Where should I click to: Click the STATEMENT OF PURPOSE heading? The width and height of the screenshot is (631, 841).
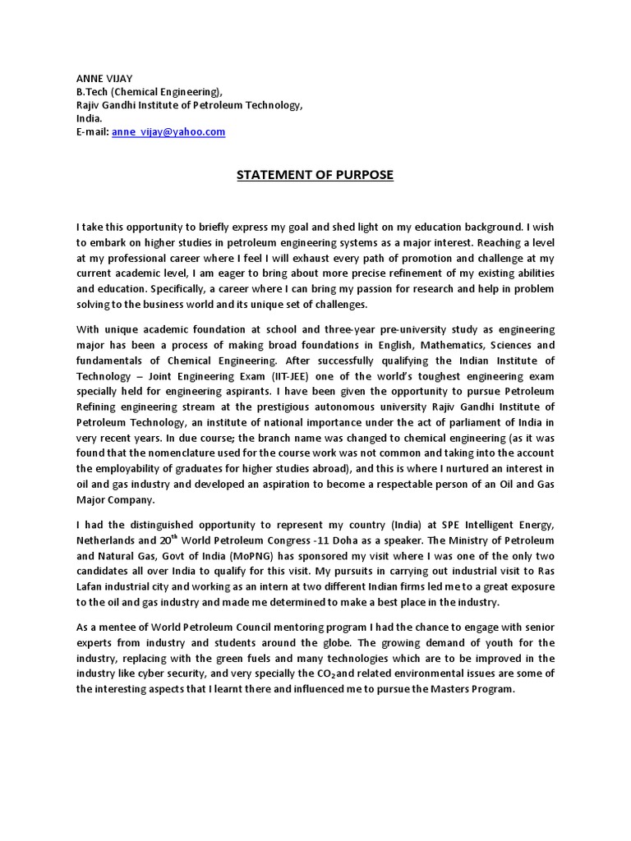click(x=315, y=174)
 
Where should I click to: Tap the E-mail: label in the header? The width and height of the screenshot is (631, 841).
click(x=92, y=131)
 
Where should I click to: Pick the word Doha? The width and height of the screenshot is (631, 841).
click(x=362, y=540)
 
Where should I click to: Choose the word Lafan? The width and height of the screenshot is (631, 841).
click(x=92, y=586)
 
